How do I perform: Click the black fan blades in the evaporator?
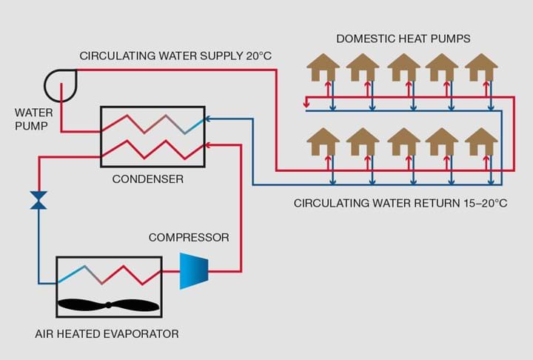tap(108, 305)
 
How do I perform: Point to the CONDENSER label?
tap(147, 179)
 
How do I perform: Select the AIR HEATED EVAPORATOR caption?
tap(107, 334)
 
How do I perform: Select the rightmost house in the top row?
tap(481, 67)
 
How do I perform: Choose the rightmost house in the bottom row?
tap(481, 141)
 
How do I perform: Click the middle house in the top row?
tap(403, 67)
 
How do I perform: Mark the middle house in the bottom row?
tap(403, 141)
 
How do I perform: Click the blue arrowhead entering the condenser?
tap(208, 117)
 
